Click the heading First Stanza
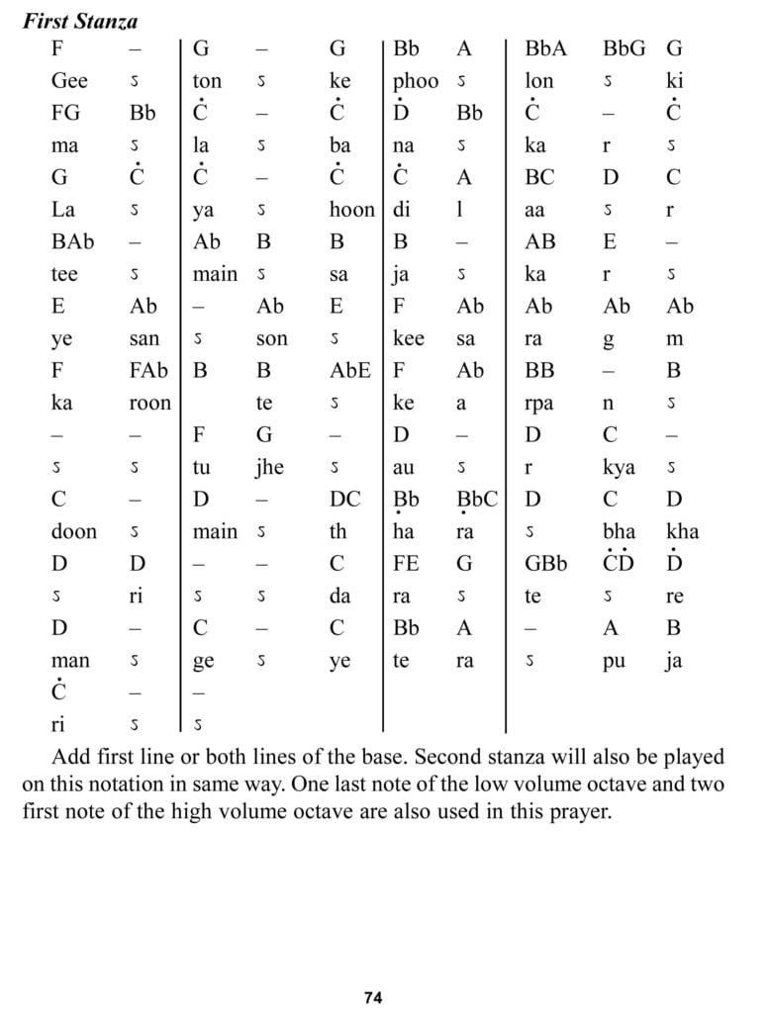(80, 20)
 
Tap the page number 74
(372, 997)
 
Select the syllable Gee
(69, 82)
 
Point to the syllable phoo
(416, 82)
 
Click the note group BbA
(545, 48)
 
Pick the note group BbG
(625, 48)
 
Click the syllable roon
(149, 403)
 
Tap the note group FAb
(148, 371)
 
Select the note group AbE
(350, 371)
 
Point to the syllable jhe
(270, 467)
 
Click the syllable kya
(619, 467)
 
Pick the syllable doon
(74, 532)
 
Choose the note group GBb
(546, 564)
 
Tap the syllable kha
(683, 532)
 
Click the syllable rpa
(540, 404)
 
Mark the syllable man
(70, 660)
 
